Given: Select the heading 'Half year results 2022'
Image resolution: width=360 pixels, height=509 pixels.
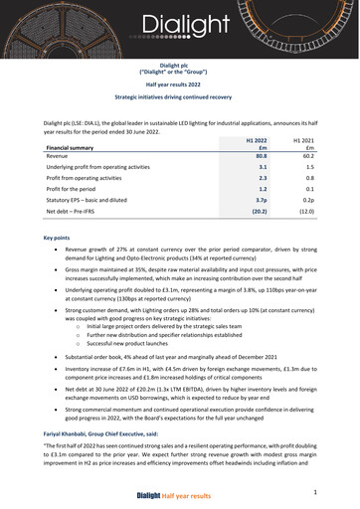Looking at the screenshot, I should pyautogui.click(x=179, y=85).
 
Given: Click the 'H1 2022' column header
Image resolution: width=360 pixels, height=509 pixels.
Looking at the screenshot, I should pyautogui.click(x=257, y=142).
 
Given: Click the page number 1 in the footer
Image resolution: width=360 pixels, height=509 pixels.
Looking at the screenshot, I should pyautogui.click(x=314, y=492).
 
